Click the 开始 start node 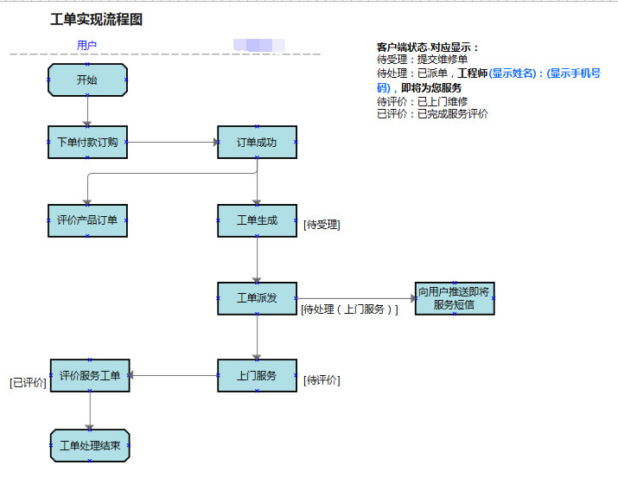point(87,80)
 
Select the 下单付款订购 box point(87,143)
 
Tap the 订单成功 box point(257,143)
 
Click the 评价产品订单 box point(87,220)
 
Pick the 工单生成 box point(257,220)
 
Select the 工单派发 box point(257,298)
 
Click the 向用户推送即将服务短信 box point(455,298)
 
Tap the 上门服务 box point(257,376)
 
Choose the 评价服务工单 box point(90,376)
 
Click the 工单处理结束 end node point(90,446)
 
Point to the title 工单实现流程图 point(96,20)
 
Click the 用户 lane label point(86,45)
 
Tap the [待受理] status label point(322,225)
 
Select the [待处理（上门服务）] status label point(349,309)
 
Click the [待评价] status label point(322,380)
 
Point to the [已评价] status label point(28,382)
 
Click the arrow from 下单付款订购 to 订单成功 point(173,143)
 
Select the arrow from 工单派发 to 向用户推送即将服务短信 point(356,298)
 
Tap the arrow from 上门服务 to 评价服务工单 point(173,375)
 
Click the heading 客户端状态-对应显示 point(427,48)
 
